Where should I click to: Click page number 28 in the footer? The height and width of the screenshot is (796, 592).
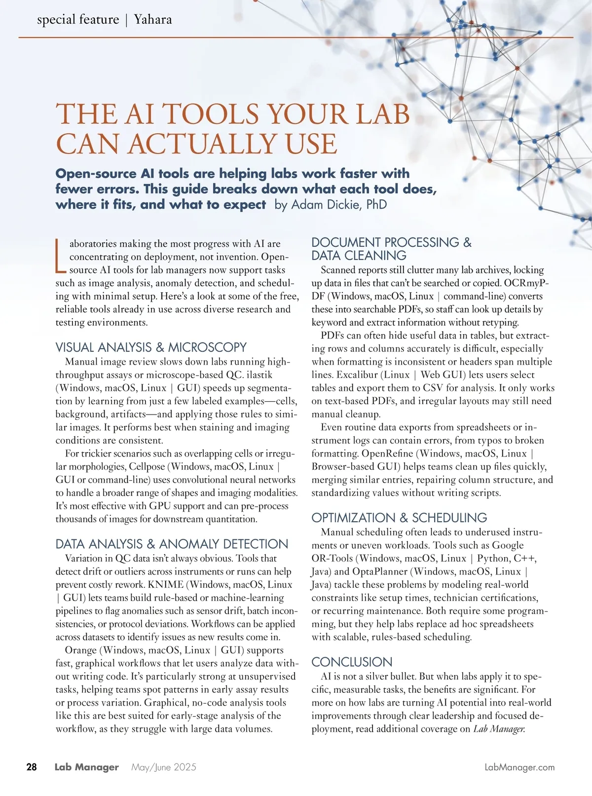pos(32,767)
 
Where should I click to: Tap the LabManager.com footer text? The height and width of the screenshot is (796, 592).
pos(519,767)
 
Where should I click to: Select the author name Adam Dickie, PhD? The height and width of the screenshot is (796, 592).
pos(339,204)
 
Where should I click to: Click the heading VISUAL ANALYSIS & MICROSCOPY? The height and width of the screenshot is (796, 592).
pos(151,347)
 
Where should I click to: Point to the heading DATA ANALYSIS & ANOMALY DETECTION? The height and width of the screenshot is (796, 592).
pos(172,544)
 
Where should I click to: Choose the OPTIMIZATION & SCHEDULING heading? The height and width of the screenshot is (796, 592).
pos(399,518)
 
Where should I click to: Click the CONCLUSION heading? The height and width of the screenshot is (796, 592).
pos(352,662)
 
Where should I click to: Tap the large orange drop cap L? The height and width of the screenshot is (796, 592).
pos(60,256)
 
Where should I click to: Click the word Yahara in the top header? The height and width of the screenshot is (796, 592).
pos(153,20)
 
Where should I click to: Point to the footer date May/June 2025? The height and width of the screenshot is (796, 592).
pos(164,767)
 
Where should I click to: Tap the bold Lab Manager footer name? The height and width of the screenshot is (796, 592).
pos(87,767)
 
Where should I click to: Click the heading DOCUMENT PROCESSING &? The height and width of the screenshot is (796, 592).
pos(391,242)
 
